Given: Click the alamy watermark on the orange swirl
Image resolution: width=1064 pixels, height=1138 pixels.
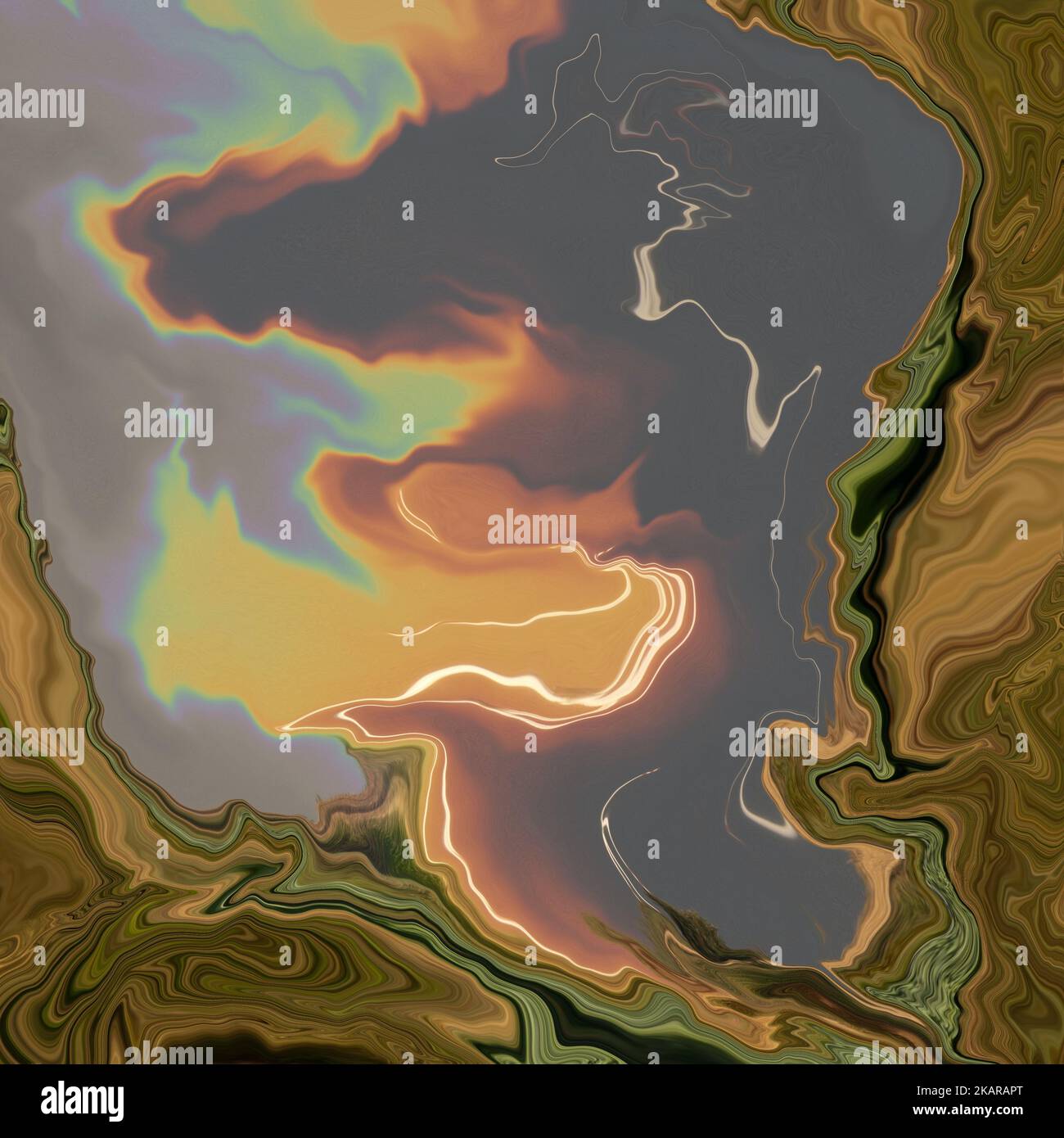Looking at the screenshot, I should coord(532,528).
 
